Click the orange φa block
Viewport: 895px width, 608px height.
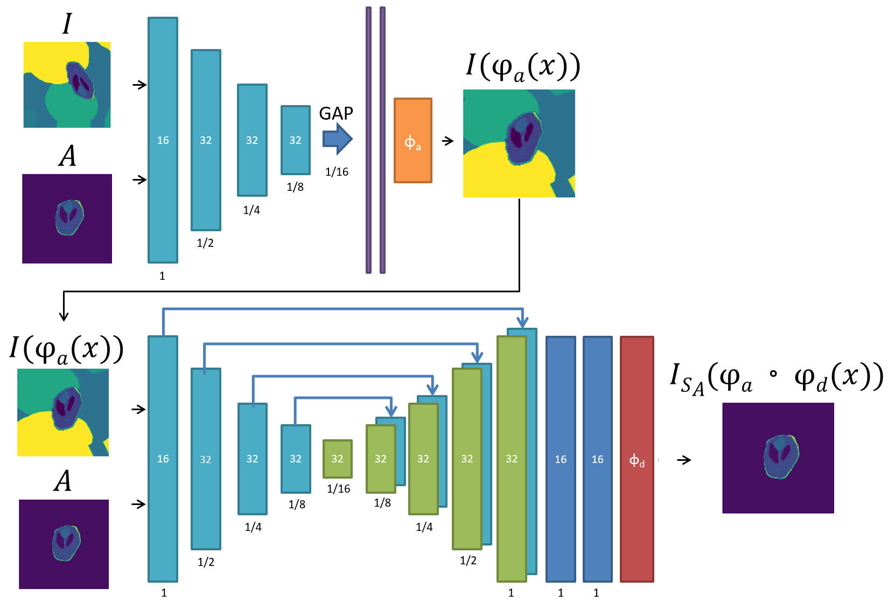[412, 141]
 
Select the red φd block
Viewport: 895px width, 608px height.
[637, 459]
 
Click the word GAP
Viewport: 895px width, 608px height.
[336, 114]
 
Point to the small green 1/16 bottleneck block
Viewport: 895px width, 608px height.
[338, 459]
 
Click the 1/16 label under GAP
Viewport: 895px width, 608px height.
[337, 172]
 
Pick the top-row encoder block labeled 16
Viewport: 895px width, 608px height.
[163, 140]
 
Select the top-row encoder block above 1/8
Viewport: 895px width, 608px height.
[295, 140]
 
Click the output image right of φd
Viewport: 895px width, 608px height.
[778, 458]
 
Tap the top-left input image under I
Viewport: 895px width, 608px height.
[67, 85]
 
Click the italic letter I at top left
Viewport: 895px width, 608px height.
[67, 24]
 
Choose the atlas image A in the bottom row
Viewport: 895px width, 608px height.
[64, 544]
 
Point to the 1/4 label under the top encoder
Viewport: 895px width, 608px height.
[251, 210]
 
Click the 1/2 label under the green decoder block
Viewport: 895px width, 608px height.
[468, 561]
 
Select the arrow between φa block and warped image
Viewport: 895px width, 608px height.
[447, 141]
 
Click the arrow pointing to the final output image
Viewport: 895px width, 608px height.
[683, 460]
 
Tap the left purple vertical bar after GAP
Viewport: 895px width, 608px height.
[368, 140]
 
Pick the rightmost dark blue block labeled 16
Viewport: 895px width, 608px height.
[597, 459]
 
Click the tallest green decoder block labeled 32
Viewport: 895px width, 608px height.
[511, 459]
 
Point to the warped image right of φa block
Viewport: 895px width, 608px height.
[519, 143]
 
